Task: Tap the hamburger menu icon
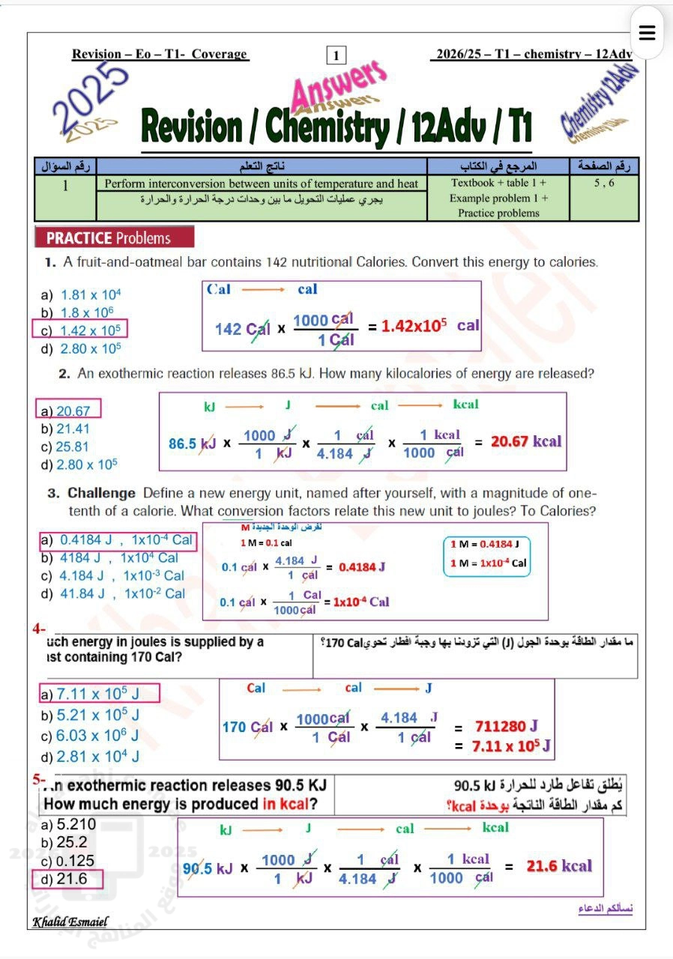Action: coord(648,33)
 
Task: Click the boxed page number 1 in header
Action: coord(336,55)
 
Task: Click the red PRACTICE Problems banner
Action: coord(113,238)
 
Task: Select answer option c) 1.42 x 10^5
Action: coord(80,330)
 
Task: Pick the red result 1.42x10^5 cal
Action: coord(429,327)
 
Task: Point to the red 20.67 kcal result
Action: coord(525,442)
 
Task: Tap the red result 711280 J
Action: coord(506,726)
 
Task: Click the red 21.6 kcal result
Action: coord(558,867)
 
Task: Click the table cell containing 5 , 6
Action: coord(604,183)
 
